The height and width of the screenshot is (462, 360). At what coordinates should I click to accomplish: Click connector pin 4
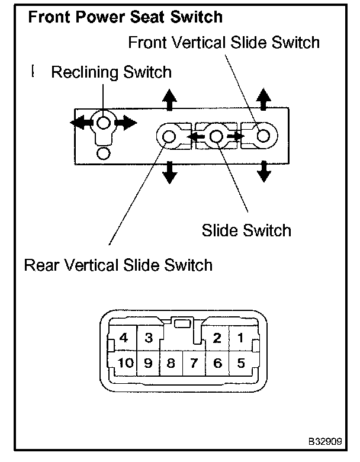123,338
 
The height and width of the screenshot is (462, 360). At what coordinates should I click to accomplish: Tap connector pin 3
149,338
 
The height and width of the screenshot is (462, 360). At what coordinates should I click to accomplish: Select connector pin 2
217,338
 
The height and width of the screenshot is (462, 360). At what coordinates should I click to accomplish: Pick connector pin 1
240,338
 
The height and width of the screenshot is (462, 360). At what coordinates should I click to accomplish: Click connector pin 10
126,363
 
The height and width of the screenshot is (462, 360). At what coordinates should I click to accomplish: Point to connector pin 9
149,363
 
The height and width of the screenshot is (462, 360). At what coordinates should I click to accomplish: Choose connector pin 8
171,363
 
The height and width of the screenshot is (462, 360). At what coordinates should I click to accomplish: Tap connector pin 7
194,363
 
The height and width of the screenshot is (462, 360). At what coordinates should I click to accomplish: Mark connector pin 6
217,363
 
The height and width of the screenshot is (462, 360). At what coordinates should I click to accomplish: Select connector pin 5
240,363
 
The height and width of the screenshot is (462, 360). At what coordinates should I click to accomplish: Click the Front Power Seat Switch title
125,17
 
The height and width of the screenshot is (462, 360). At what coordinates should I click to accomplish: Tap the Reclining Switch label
111,72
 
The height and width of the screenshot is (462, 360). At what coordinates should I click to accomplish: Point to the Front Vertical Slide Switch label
224,42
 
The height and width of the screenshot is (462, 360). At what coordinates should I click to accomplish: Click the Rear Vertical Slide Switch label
118,265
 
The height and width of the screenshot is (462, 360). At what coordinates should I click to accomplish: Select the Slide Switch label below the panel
246,230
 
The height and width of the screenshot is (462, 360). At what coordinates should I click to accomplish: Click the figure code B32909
325,441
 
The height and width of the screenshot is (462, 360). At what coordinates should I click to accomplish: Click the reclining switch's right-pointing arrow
126,122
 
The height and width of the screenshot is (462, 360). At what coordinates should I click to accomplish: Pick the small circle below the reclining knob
104,153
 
